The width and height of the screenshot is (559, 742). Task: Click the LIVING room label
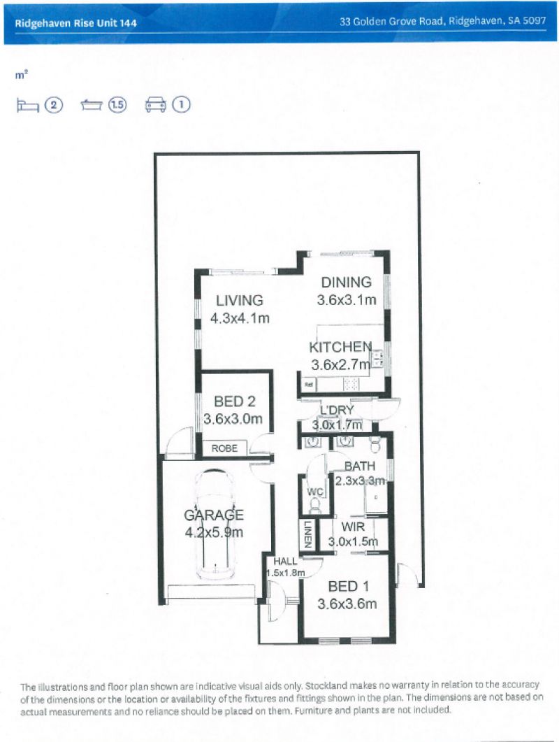(x=239, y=301)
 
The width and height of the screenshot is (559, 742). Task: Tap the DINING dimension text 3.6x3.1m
(x=347, y=300)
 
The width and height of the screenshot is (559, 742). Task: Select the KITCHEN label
(x=340, y=348)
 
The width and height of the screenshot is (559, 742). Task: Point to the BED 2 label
(x=234, y=401)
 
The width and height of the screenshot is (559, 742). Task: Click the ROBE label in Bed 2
(x=224, y=448)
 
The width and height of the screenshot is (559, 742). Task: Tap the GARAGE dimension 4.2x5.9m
(x=214, y=532)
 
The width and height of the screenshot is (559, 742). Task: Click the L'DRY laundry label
(x=337, y=410)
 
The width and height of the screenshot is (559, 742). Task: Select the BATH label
(x=360, y=466)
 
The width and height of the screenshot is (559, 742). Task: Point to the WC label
(x=314, y=491)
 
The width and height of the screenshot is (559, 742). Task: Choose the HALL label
(x=285, y=561)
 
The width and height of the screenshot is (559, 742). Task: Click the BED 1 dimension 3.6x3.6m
(x=347, y=604)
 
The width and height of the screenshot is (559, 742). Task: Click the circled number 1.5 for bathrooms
(x=117, y=105)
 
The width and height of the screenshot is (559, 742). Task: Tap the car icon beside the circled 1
(x=154, y=105)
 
